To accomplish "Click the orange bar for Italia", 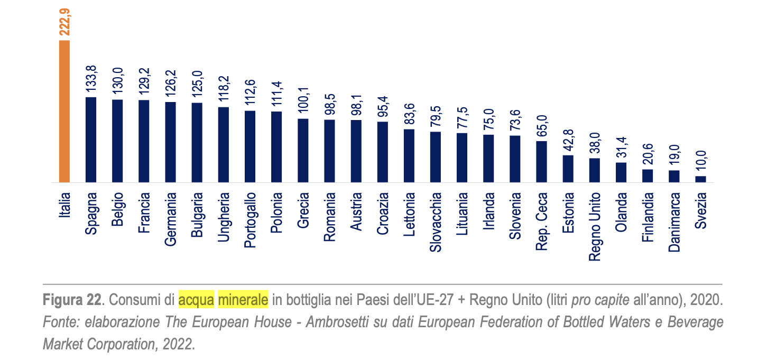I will pyautogui.click(x=64, y=112).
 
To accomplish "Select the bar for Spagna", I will pyautogui.click(x=91, y=140).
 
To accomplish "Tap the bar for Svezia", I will pyautogui.click(x=700, y=179).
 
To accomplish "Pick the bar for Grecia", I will pyautogui.click(x=303, y=151).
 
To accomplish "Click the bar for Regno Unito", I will pyautogui.click(x=595, y=170).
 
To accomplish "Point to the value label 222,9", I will pyautogui.click(x=65, y=21).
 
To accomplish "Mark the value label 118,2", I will pyautogui.click(x=224, y=89).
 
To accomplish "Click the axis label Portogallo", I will pyautogui.click(x=250, y=220).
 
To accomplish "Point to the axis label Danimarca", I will pyautogui.click(x=674, y=222).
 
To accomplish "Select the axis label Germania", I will pyautogui.click(x=171, y=219).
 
